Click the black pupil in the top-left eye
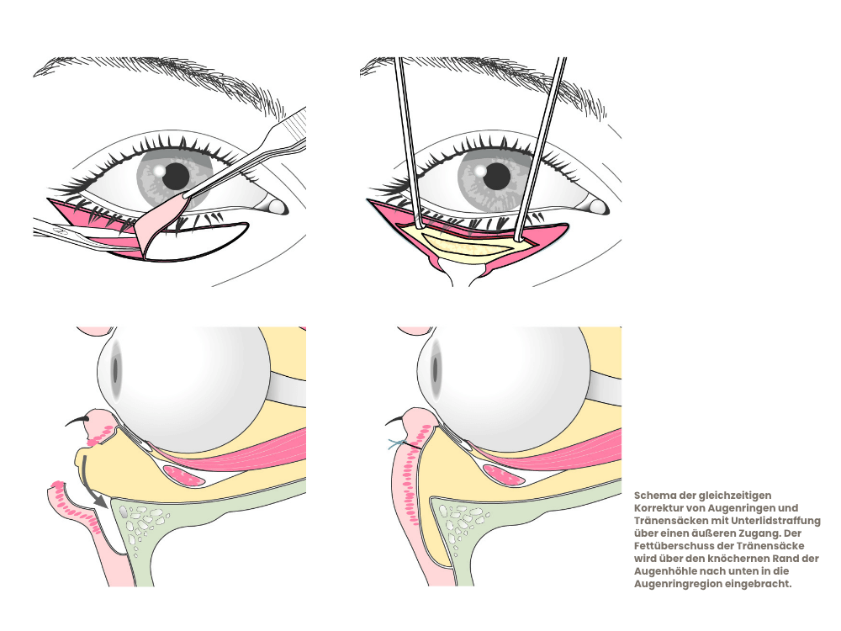pyautogui.click(x=176, y=176)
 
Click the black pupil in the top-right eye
pyautogui.click(x=497, y=176)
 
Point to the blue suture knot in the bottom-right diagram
pyautogui.click(x=396, y=443)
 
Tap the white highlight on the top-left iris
pyautogui.click(x=159, y=170)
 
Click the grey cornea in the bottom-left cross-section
pyautogui.click(x=115, y=369)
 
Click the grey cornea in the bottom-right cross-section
pyautogui.click(x=436, y=369)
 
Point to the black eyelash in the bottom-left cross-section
pyautogui.click(x=77, y=421)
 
